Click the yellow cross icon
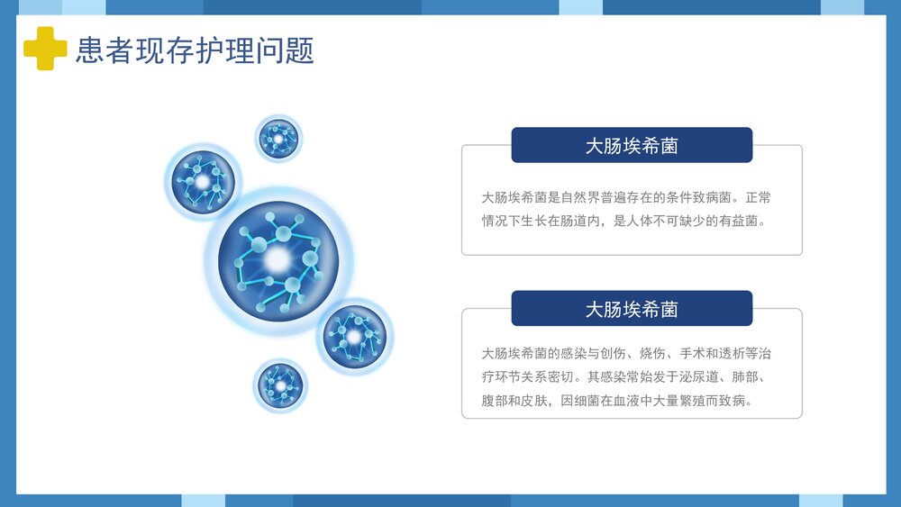tap(45, 49)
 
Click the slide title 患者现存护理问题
tap(195, 50)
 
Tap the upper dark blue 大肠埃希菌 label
tap(632, 146)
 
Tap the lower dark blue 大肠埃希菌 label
tap(632, 309)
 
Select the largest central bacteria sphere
tap(278, 259)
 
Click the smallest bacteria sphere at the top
tap(278, 139)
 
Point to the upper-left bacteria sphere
tap(203, 181)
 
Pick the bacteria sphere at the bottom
tap(280, 385)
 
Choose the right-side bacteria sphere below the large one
tap(354, 337)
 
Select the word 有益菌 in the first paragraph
tap(742, 221)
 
